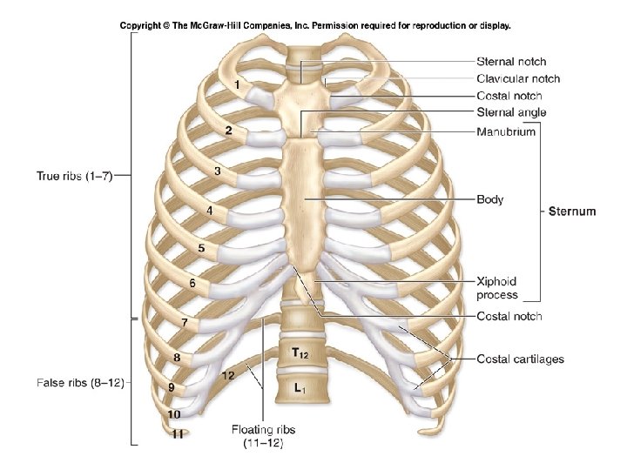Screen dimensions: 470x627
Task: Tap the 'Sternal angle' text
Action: click(512, 112)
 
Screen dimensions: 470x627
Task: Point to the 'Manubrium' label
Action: click(506, 131)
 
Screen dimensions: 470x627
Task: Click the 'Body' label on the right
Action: click(490, 199)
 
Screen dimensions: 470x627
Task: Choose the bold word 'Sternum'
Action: click(571, 211)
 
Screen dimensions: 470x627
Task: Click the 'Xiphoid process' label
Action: click(496, 288)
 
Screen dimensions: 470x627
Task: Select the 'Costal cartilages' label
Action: click(520, 359)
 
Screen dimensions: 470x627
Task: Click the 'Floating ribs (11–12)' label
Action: click(257, 435)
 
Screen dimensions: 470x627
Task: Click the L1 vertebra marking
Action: click(299, 388)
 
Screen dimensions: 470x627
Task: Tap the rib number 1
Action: click(237, 84)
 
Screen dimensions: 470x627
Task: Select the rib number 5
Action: click(201, 248)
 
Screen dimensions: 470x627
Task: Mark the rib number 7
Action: click(185, 323)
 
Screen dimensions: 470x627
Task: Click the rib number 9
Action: click(172, 386)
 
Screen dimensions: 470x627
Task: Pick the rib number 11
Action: click(177, 434)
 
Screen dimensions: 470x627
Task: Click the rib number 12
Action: click(227, 376)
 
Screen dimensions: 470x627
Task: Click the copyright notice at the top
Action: click(314, 25)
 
